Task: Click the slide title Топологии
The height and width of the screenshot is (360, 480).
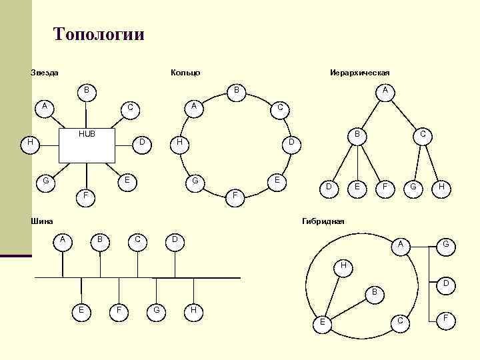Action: click(98, 34)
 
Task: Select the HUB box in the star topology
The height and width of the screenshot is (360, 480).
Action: click(87, 145)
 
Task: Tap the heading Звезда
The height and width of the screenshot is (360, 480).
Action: click(45, 72)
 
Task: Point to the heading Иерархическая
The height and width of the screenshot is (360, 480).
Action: click(359, 72)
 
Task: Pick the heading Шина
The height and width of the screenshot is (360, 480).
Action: click(42, 221)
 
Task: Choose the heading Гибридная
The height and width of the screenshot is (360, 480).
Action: click(323, 221)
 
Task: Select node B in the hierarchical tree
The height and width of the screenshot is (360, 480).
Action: click(357, 135)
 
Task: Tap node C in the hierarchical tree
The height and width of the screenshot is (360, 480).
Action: click(422, 135)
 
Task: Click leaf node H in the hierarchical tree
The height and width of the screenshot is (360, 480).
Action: click(441, 189)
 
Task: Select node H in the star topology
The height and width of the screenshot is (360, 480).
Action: click(30, 143)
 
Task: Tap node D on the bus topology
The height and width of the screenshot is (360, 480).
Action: click(175, 239)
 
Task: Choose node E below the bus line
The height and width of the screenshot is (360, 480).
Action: click(81, 309)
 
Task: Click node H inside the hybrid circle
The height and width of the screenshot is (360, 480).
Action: click(343, 266)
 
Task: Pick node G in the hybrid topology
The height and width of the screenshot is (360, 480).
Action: click(446, 245)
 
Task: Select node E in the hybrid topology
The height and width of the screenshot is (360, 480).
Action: click(322, 322)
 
